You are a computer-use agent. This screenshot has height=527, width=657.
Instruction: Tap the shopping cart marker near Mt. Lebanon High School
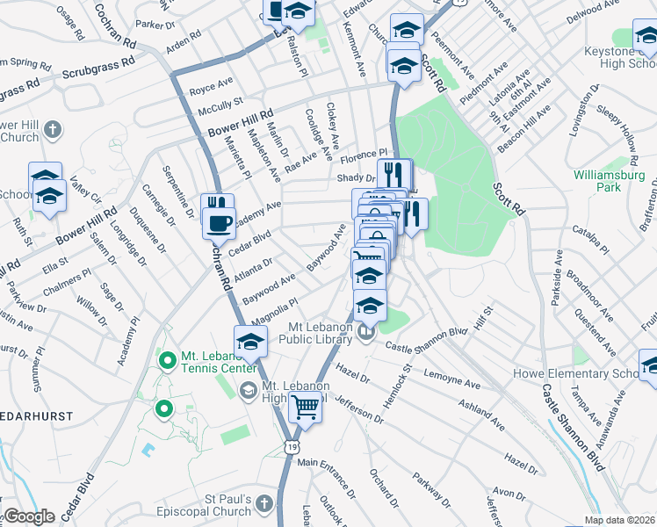(x=305, y=408)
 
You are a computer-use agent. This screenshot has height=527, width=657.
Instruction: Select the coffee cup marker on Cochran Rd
(x=218, y=222)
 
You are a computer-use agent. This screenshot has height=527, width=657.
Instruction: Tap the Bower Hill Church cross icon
(x=53, y=131)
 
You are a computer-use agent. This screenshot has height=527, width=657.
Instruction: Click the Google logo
(x=28, y=516)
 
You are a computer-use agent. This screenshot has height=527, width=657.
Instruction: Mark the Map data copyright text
(x=620, y=520)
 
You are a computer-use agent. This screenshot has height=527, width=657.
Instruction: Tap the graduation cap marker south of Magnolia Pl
(x=250, y=342)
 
